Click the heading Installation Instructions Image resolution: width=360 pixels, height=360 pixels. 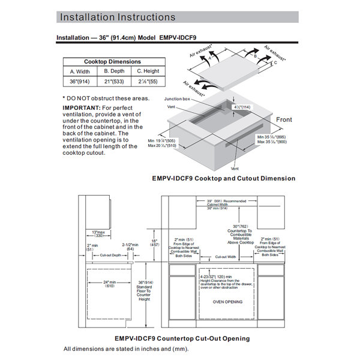click(118, 17)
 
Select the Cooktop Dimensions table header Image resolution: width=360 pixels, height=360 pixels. click(112, 62)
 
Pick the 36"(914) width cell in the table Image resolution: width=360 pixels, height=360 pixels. click(80, 82)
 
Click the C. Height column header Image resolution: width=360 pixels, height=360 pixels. click(143, 72)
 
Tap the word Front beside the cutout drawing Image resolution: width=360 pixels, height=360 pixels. click(284, 120)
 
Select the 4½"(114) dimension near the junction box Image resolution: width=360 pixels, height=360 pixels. click(241, 106)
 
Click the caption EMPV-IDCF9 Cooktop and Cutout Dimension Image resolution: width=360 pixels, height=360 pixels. click(223, 178)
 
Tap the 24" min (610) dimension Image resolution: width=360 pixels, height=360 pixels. click(109, 284)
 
